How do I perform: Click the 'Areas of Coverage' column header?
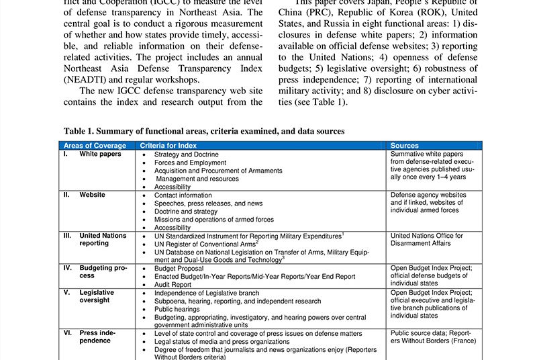pyautogui.click(x=95, y=146)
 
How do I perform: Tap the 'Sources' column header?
pyautogui.click(x=404, y=146)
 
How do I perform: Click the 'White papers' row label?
pyautogui.click(x=100, y=154)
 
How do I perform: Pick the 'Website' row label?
pyautogui.click(x=93, y=195)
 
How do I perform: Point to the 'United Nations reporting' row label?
pyautogui.click(x=103, y=240)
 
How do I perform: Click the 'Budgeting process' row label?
pyautogui.click(x=103, y=272)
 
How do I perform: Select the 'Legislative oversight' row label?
pyautogui.click(x=97, y=296)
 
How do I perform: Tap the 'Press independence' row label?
pyautogui.click(x=98, y=336)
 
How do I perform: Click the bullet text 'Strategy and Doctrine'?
pyautogui.click(x=186, y=154)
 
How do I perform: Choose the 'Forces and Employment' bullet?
pyautogui.click(x=190, y=163)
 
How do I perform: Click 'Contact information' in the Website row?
pyautogui.click(x=183, y=195)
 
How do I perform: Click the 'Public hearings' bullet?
pyautogui.click(x=178, y=309)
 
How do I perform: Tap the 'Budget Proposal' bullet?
pyautogui.click(x=179, y=268)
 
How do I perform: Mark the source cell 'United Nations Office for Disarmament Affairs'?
pyautogui.click(x=426, y=240)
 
